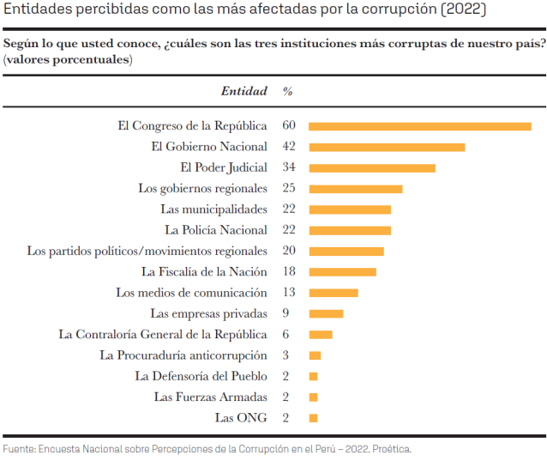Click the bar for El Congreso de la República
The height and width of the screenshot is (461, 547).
tap(419, 126)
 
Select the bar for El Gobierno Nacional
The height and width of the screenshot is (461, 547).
tap(387, 147)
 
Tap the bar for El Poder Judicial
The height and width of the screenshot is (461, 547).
tap(372, 168)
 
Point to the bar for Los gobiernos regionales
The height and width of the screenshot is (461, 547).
tap(355, 189)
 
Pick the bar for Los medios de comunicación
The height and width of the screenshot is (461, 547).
tap(333, 293)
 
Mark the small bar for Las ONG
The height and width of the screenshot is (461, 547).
tap(313, 418)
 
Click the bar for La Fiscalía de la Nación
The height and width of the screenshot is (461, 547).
tap(342, 272)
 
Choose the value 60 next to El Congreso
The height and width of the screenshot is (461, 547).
tap(288, 126)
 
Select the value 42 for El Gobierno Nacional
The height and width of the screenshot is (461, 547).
tap(288, 147)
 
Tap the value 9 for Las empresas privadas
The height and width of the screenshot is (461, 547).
tap(285, 313)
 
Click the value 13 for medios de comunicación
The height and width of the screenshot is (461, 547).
tap(288, 293)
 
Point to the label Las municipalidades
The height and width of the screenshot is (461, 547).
tap(213, 209)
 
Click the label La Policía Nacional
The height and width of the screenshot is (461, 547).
tap(216, 230)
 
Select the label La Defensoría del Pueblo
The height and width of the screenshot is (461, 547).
tap(201, 376)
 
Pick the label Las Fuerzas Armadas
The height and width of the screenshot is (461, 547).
tap(211, 397)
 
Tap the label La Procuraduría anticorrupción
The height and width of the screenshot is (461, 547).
tap(183, 355)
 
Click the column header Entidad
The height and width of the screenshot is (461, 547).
tap(244, 91)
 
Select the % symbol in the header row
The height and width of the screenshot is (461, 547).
tap(288, 91)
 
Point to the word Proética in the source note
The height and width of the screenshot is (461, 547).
tap(393, 449)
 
